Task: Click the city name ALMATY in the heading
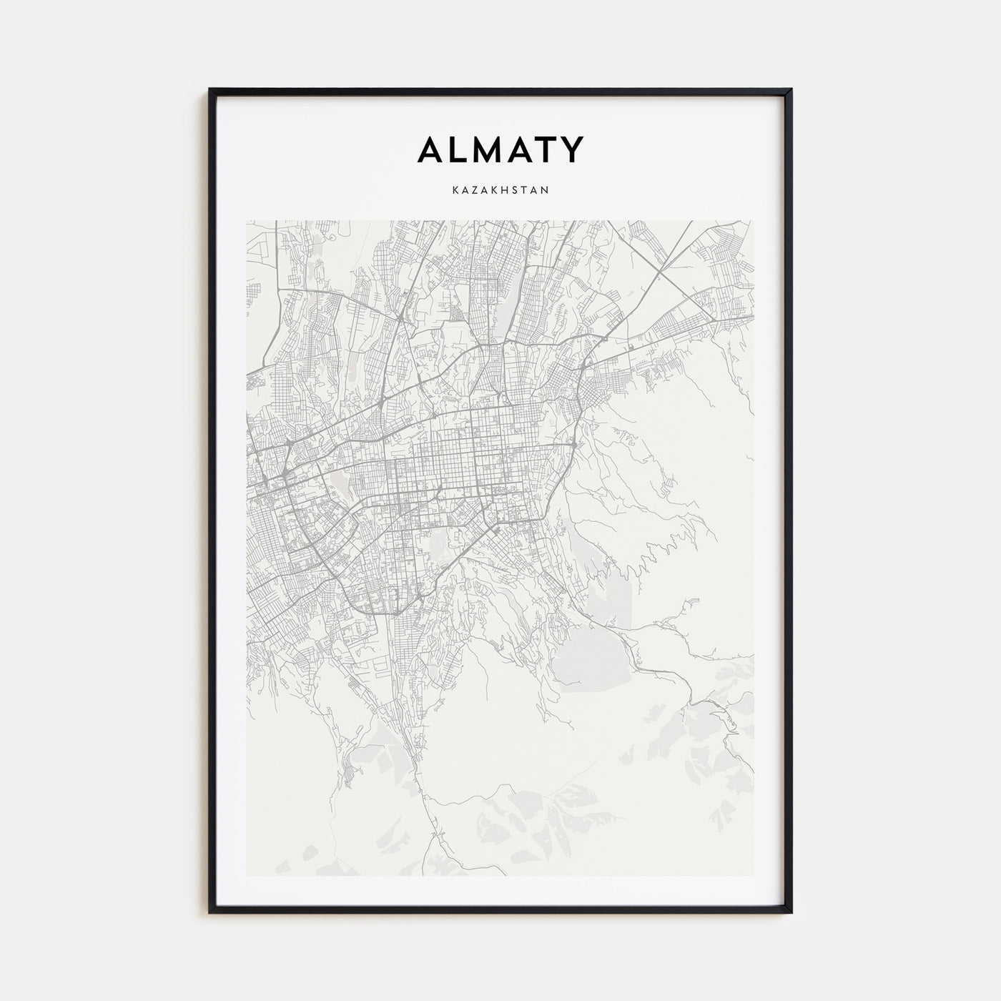500,149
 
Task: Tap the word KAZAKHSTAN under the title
500,190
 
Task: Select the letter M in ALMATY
493,149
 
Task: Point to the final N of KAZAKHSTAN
545,190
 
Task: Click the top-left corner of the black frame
210,89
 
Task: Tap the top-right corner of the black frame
791,89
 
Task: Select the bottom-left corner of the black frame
210,912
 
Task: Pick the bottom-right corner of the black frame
791,912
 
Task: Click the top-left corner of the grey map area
247,221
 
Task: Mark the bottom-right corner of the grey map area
754,875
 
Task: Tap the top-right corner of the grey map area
754,221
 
